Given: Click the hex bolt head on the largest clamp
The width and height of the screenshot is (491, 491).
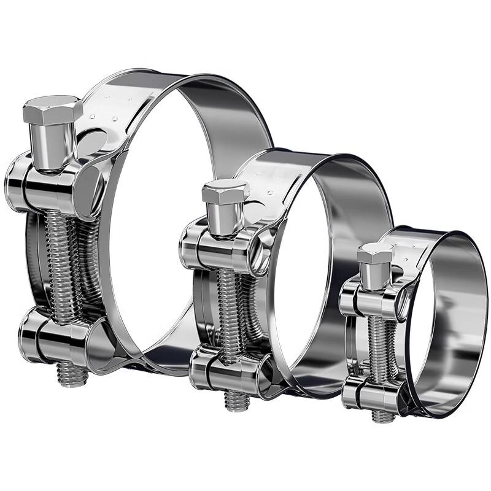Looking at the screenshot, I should [x=53, y=110].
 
